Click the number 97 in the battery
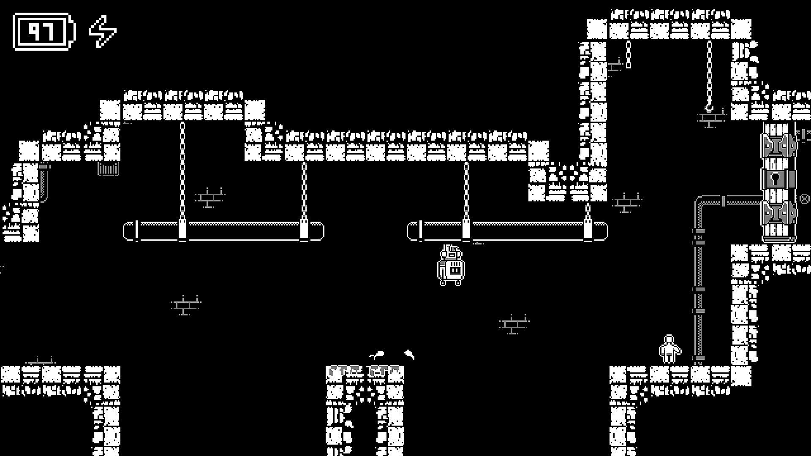coord(41,31)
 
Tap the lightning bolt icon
coord(103,31)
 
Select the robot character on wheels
coord(451,266)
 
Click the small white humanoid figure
coord(669,349)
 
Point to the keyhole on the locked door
coord(775,178)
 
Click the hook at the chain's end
coord(709,108)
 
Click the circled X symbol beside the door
coord(804,198)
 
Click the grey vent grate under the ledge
coord(108,169)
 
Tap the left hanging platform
coord(224,231)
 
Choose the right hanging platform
coord(507,231)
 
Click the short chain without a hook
coord(629,54)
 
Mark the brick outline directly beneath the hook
coord(712,119)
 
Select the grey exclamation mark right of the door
coord(803,136)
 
